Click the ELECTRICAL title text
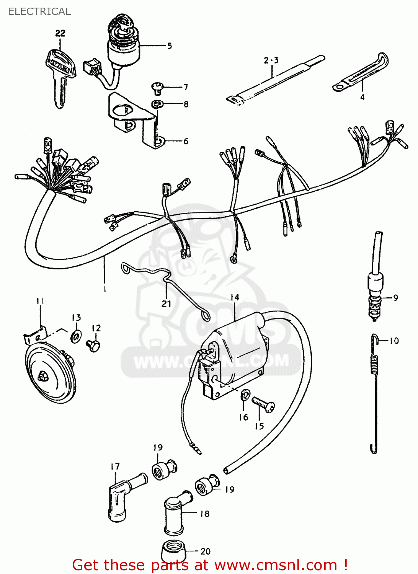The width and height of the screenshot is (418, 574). (x=39, y=11)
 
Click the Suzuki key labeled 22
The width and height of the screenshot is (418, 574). (x=60, y=77)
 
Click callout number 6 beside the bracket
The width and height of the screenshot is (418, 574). (x=186, y=141)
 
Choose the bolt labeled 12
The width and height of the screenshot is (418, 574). (x=93, y=345)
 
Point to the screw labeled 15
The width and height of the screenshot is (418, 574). (x=263, y=404)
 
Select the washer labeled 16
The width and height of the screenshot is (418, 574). (x=245, y=395)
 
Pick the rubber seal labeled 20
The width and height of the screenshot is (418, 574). (x=173, y=551)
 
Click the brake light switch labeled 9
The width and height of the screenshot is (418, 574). (x=375, y=291)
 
